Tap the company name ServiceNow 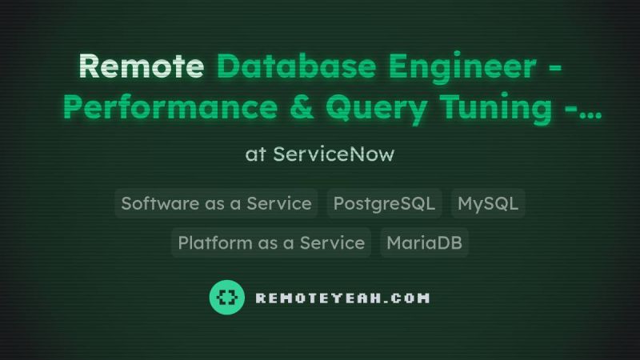click(x=334, y=154)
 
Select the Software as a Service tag click(x=216, y=203)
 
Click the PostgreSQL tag click(x=384, y=203)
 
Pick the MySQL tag click(x=488, y=203)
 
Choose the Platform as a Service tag click(x=271, y=243)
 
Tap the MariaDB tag click(x=424, y=243)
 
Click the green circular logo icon click(x=227, y=298)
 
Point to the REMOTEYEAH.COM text click(x=342, y=298)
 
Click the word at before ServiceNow click(x=255, y=154)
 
